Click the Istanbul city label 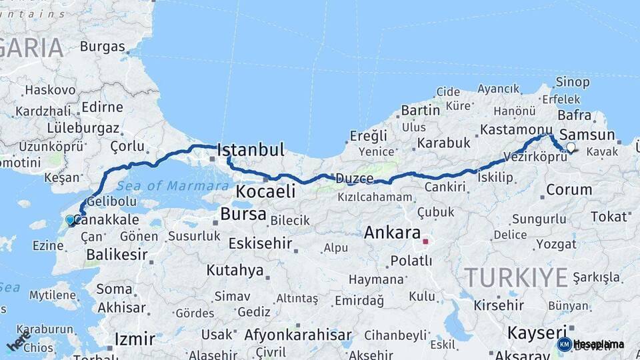[251, 149]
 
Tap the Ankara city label [392, 233]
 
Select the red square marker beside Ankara [425, 241]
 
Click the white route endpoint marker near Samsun [571, 147]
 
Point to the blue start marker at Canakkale [70, 220]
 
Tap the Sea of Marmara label [163, 186]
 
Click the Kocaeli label [265, 192]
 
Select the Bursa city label [243, 215]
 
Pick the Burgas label [103, 47]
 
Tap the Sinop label [573, 82]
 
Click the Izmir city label [135, 339]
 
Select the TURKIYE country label [516, 277]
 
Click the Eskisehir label [260, 243]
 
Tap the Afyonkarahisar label [298, 335]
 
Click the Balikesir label [117, 254]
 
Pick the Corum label [569, 189]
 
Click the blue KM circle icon [564, 344]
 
